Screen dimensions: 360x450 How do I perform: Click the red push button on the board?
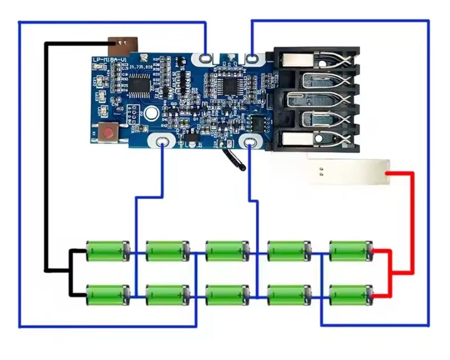[108, 134]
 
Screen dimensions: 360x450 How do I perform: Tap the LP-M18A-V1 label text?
[110, 60]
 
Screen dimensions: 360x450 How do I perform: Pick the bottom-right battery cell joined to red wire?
[350, 295]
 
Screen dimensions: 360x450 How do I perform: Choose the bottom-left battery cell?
[108, 295]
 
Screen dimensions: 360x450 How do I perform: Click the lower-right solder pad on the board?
[249, 144]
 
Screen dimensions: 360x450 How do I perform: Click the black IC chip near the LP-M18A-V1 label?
[138, 84]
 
